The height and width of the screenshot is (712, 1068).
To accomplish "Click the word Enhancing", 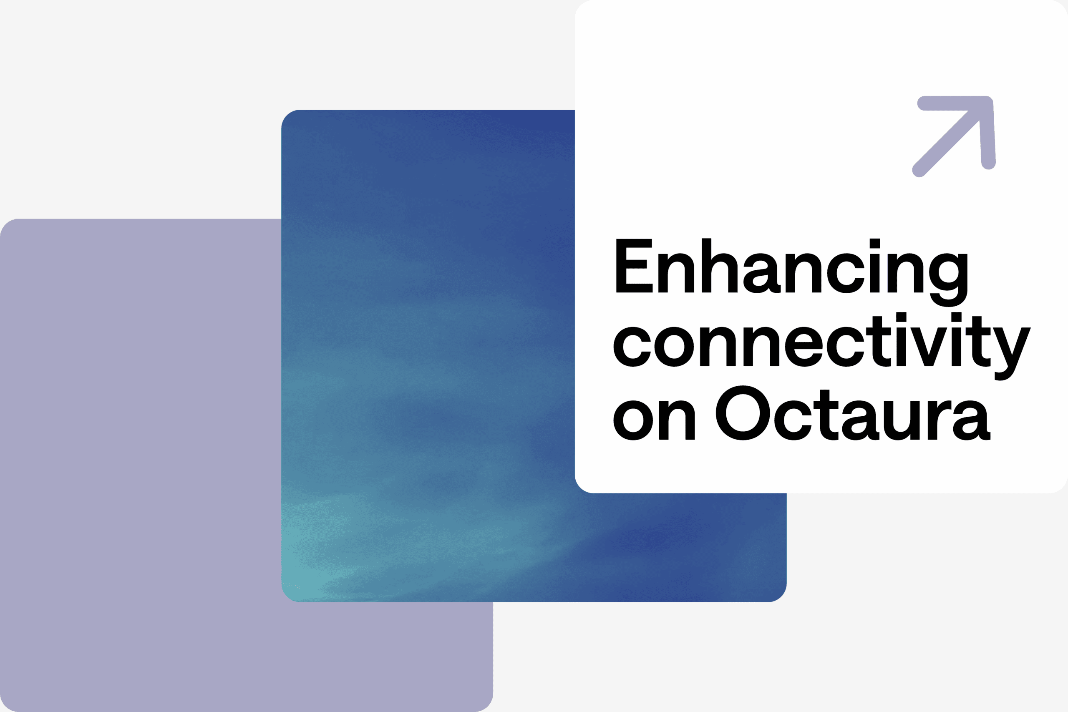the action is click(791, 272).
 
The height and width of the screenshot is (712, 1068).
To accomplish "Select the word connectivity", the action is click(822, 347).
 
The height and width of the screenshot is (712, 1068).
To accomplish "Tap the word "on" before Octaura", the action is click(654, 420).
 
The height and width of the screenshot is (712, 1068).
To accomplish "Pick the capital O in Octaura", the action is click(743, 413).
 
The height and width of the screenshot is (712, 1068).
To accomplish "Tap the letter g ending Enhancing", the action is click(948, 280).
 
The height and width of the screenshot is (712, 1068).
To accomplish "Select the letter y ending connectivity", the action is click(1012, 354).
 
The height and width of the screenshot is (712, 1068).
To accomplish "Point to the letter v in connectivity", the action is click(929, 347).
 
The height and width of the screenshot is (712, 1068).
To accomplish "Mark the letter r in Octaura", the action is click(939, 420).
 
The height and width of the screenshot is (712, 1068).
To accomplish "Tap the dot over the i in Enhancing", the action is click(875, 244).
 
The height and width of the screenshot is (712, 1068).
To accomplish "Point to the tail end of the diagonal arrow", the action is click(919, 170).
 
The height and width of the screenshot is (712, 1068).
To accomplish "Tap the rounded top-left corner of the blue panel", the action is click(287, 116).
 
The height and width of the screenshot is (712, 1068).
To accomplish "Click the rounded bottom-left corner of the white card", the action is click(581, 487).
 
